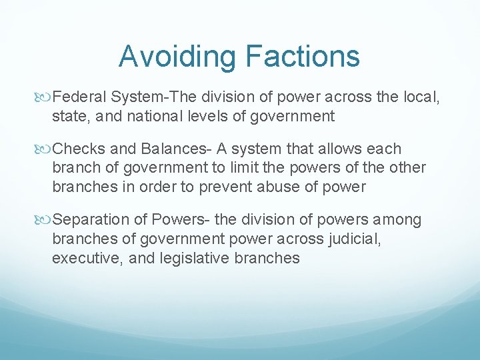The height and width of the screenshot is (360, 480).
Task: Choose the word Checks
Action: tap(79, 149)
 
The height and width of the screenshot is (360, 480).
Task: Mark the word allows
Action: tap(333, 149)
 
